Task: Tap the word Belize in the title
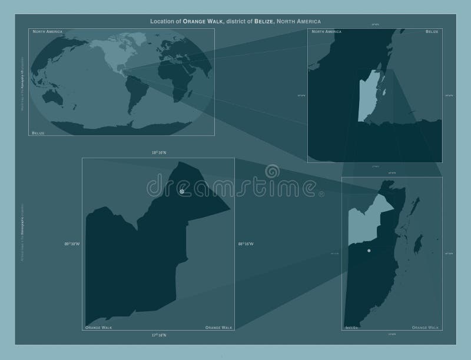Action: (x=265, y=22)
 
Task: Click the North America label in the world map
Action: (x=48, y=31)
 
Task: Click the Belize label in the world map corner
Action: (x=39, y=134)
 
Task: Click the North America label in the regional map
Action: (x=326, y=31)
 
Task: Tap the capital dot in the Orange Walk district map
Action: (x=182, y=192)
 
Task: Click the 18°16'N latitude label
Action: (x=159, y=152)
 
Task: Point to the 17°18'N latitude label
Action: (x=159, y=335)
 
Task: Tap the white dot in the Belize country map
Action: (x=369, y=251)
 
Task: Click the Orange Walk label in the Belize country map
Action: (x=424, y=326)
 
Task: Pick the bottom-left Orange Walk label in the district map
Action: (x=98, y=326)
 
